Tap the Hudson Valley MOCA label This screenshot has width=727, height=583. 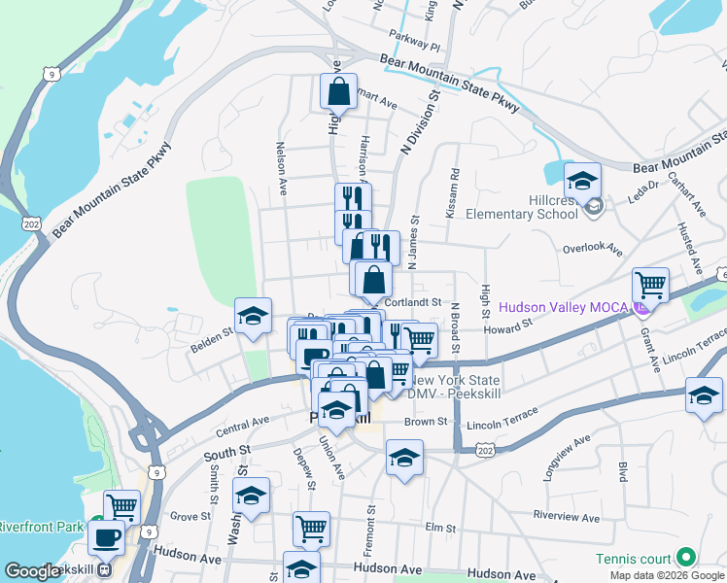pyautogui.click(x=564, y=308)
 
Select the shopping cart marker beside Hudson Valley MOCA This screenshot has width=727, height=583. pyautogui.click(x=650, y=286)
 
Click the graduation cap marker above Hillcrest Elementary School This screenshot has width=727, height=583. pyautogui.click(x=582, y=181)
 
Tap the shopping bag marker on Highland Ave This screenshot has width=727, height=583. pyautogui.click(x=338, y=92)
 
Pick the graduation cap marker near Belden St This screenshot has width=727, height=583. pyautogui.click(x=253, y=316)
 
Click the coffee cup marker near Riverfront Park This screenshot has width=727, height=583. pyautogui.click(x=106, y=536)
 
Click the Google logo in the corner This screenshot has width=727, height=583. pyautogui.click(x=32, y=571)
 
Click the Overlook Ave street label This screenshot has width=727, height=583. pyautogui.click(x=592, y=248)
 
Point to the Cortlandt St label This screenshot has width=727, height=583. pyautogui.click(x=413, y=302)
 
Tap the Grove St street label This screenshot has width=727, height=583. pyautogui.click(x=184, y=517)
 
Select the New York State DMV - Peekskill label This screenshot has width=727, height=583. pyautogui.click(x=456, y=387)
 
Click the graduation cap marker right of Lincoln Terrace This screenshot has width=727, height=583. pyautogui.click(x=703, y=396)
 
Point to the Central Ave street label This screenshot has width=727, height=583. pyautogui.click(x=242, y=424)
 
